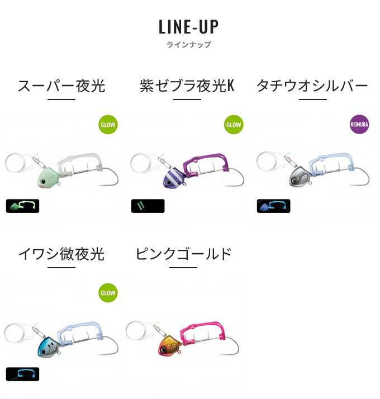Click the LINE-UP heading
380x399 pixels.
[188, 27]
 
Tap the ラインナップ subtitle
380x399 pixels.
[188, 45]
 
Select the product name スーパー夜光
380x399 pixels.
[61, 85]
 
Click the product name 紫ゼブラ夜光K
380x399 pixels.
[187, 85]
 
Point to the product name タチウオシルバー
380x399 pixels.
[312, 85]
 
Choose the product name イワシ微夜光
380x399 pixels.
[61, 254]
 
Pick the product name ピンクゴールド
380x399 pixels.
[183, 254]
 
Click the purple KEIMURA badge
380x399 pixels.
[359, 125]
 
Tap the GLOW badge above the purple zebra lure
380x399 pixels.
[234, 125]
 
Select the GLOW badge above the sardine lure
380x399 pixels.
[108, 293]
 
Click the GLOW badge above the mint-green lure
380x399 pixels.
[108, 125]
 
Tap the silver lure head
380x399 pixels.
[300, 177]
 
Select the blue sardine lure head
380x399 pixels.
[49, 346]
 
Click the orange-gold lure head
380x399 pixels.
[169, 345]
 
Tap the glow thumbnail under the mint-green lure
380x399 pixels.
[23, 206]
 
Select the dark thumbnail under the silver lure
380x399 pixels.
[274, 206]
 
